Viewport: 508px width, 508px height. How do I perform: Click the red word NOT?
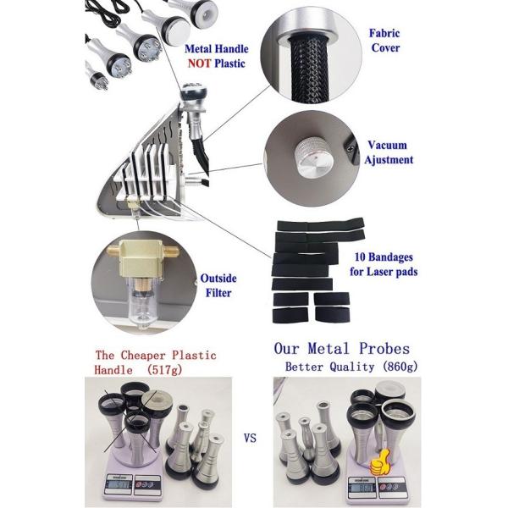coord(199,63)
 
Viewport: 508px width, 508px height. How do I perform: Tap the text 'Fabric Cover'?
coord(385,41)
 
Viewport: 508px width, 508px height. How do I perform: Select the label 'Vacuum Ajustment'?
coord(388,152)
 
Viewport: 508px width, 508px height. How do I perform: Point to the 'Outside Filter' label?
coord(218,285)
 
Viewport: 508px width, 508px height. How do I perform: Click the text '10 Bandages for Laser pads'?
coord(384,264)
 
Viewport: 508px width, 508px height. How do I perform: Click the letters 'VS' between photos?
coord(250,439)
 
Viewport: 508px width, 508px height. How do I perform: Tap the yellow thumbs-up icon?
coord(379,462)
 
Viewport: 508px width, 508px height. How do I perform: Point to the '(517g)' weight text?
coord(164,370)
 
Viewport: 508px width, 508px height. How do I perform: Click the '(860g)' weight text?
coord(400,367)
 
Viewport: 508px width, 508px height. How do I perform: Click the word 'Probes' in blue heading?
coord(384,349)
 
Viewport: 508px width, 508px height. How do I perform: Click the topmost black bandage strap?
coord(320,224)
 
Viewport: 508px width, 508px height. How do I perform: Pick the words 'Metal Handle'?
coord(217,49)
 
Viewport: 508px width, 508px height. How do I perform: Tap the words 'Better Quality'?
coord(329,367)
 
